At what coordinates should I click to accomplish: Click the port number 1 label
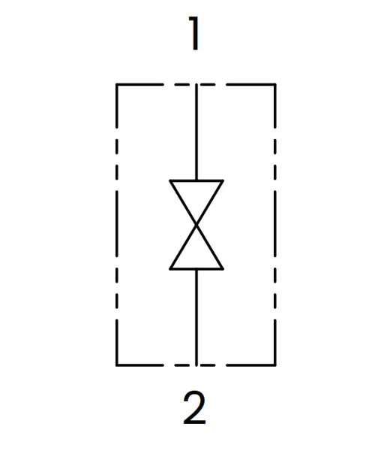click(x=194, y=33)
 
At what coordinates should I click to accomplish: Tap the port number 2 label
click(x=194, y=407)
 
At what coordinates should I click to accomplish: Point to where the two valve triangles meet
click(x=196, y=225)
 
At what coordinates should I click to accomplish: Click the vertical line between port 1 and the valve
click(x=196, y=132)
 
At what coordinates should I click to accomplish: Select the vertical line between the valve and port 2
click(x=196, y=317)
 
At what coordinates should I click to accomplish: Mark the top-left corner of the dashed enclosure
click(x=117, y=84)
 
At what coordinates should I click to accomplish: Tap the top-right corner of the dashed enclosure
click(x=275, y=84)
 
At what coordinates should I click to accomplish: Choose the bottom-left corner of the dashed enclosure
click(x=117, y=365)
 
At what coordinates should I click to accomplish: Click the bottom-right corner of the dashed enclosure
click(x=275, y=365)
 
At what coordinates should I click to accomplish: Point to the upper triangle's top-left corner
click(x=170, y=180)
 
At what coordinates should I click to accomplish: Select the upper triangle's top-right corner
click(x=223, y=180)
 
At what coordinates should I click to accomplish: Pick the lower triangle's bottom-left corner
click(x=170, y=269)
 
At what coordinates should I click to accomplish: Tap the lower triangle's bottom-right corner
click(x=223, y=269)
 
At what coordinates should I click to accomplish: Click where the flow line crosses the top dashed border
click(x=196, y=84)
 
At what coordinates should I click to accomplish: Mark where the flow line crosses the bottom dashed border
click(x=196, y=365)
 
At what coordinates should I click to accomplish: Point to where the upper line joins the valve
click(x=196, y=180)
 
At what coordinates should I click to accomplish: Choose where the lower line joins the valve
click(x=196, y=269)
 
